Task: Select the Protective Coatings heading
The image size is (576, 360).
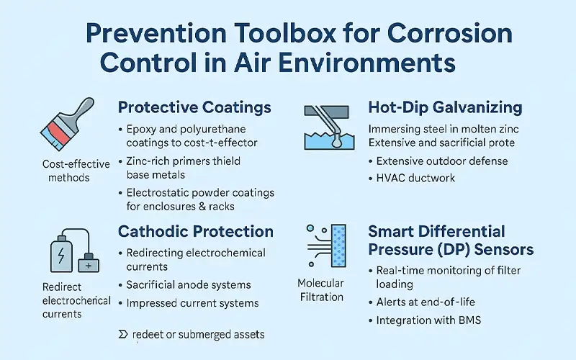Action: click(194, 107)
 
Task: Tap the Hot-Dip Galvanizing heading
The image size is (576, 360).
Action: click(445, 107)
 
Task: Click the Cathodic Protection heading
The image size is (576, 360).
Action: click(195, 232)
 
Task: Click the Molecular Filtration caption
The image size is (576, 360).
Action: click(320, 290)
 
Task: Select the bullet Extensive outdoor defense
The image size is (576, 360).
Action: click(442, 160)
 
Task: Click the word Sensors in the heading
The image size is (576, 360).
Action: click(497, 250)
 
